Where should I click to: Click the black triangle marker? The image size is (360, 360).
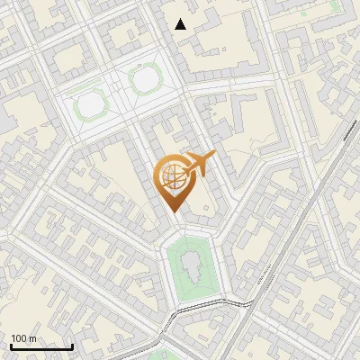pos(181,24)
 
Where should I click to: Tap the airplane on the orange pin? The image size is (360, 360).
pos(197,164)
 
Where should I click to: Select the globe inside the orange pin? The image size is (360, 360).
pos(171,177)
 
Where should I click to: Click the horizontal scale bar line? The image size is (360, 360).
pos(41,346)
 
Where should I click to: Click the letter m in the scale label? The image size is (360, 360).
pos(33,338)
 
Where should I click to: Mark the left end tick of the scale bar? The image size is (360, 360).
pos(11,345)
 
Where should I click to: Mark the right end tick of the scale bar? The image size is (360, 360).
pos(72,345)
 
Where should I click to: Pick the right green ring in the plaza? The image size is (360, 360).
pos(144,80)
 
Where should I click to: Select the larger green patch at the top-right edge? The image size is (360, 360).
pos(335,7)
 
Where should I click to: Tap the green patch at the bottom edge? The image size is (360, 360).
pos(163,355)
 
